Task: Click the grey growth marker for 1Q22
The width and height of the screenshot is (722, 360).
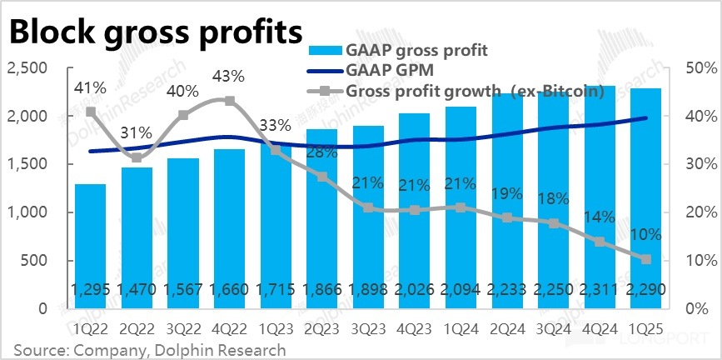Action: click(x=90, y=112)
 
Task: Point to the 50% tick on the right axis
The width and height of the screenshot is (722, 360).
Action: click(x=696, y=68)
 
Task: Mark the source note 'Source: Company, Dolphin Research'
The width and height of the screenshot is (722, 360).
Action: click(x=150, y=350)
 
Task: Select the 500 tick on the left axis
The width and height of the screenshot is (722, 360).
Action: click(x=34, y=260)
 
